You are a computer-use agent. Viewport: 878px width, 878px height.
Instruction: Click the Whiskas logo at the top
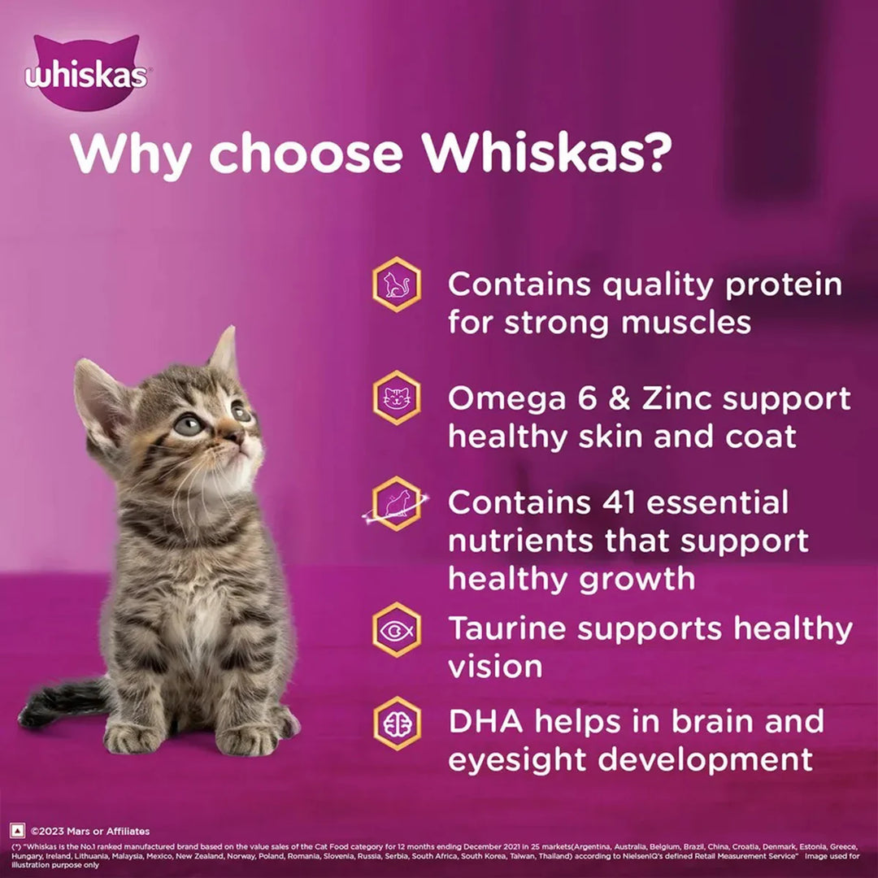tap(85, 75)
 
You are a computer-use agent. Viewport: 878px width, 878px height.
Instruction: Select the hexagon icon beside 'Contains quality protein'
tap(397, 284)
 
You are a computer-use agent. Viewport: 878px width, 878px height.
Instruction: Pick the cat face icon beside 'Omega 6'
tap(397, 398)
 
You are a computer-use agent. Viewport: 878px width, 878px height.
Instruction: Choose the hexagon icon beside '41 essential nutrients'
tap(397, 504)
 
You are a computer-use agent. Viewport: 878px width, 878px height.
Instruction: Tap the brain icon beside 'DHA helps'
tap(397, 723)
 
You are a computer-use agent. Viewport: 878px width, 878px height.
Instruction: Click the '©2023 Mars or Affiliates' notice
tap(90, 831)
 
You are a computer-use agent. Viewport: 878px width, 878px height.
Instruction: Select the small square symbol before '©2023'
tap(17, 830)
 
